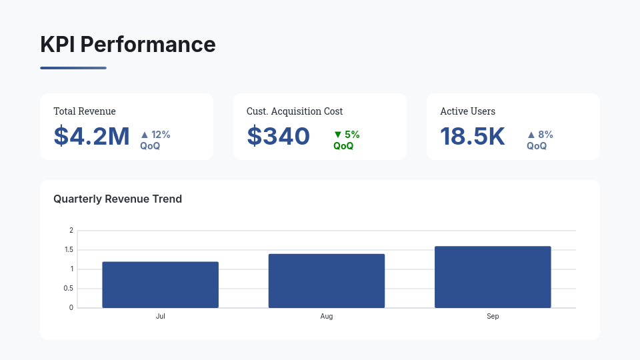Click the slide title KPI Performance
click(x=128, y=45)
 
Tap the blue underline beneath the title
click(x=73, y=67)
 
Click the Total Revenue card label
click(x=85, y=111)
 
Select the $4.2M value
click(x=91, y=136)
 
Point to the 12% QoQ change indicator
click(x=155, y=140)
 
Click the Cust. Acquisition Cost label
click(x=295, y=111)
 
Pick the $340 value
click(x=278, y=136)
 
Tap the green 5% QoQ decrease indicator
click(x=346, y=140)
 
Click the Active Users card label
click(x=467, y=111)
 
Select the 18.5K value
click(x=472, y=136)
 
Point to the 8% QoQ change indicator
click(x=539, y=140)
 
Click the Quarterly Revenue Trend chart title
click(x=117, y=199)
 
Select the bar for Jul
click(x=160, y=285)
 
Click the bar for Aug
click(x=327, y=281)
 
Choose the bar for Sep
click(x=493, y=277)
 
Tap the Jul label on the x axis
click(x=160, y=316)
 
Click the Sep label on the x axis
click(x=493, y=316)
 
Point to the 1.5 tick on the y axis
click(x=69, y=250)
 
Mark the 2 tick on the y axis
click(x=71, y=231)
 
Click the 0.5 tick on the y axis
click(x=69, y=289)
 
